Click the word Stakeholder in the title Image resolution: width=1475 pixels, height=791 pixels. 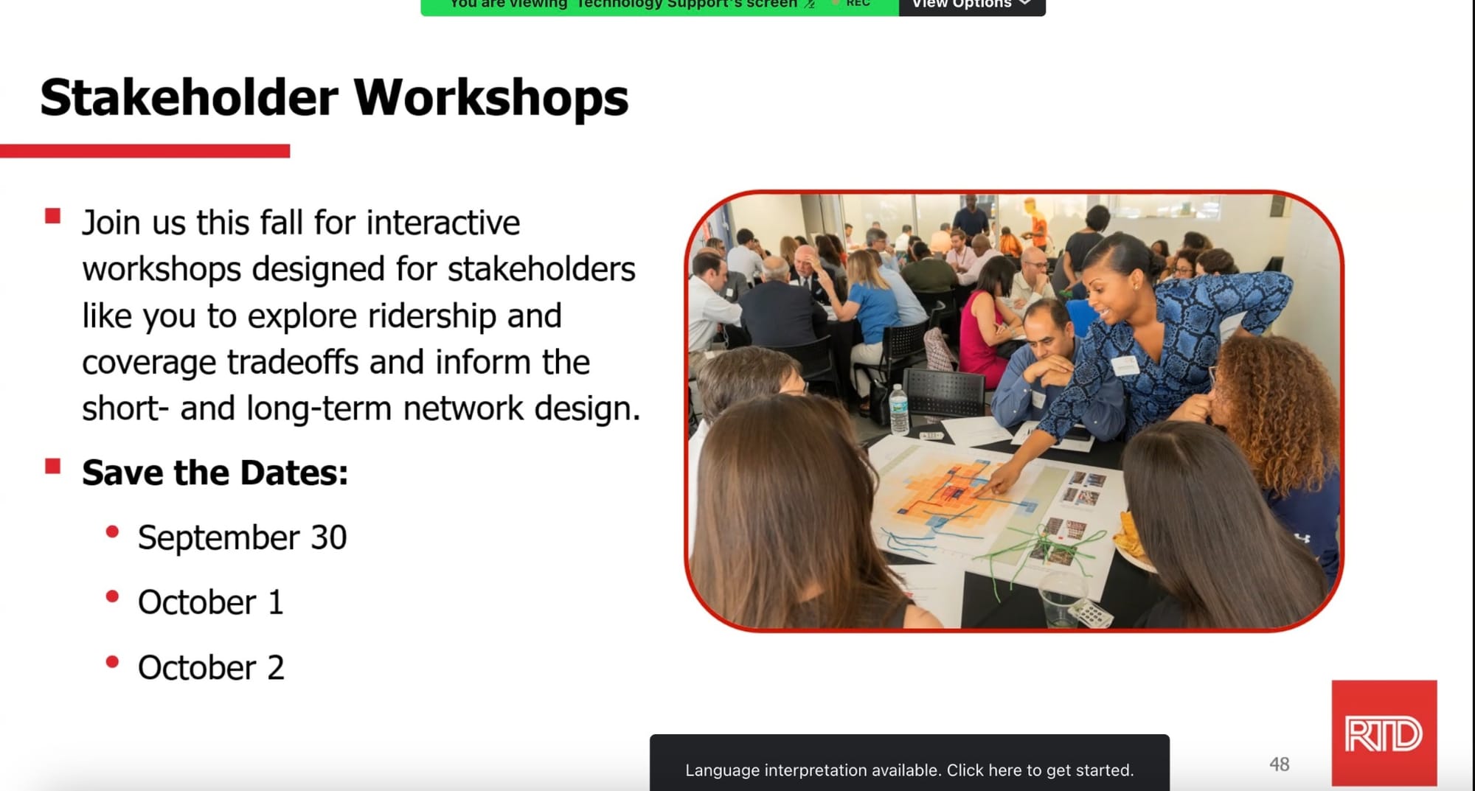click(190, 98)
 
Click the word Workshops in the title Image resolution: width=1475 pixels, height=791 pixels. click(491, 98)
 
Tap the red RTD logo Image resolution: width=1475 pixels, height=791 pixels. click(1384, 733)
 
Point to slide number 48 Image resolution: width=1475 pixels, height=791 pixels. click(1280, 764)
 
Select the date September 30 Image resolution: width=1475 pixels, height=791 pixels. click(242, 537)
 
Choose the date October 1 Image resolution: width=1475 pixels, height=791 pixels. click(211, 602)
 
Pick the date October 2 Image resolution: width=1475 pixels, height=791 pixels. click(211, 668)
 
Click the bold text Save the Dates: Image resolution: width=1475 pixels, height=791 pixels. click(215, 473)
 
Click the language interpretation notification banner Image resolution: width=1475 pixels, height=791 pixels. click(909, 764)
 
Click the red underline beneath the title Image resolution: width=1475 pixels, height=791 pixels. click(145, 151)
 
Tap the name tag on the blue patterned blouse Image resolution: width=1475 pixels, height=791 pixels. click(1125, 365)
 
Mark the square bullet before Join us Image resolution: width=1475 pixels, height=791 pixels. click(52, 216)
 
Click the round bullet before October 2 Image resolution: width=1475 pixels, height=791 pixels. click(112, 662)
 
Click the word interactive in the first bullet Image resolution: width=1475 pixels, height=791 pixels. click(442, 223)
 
